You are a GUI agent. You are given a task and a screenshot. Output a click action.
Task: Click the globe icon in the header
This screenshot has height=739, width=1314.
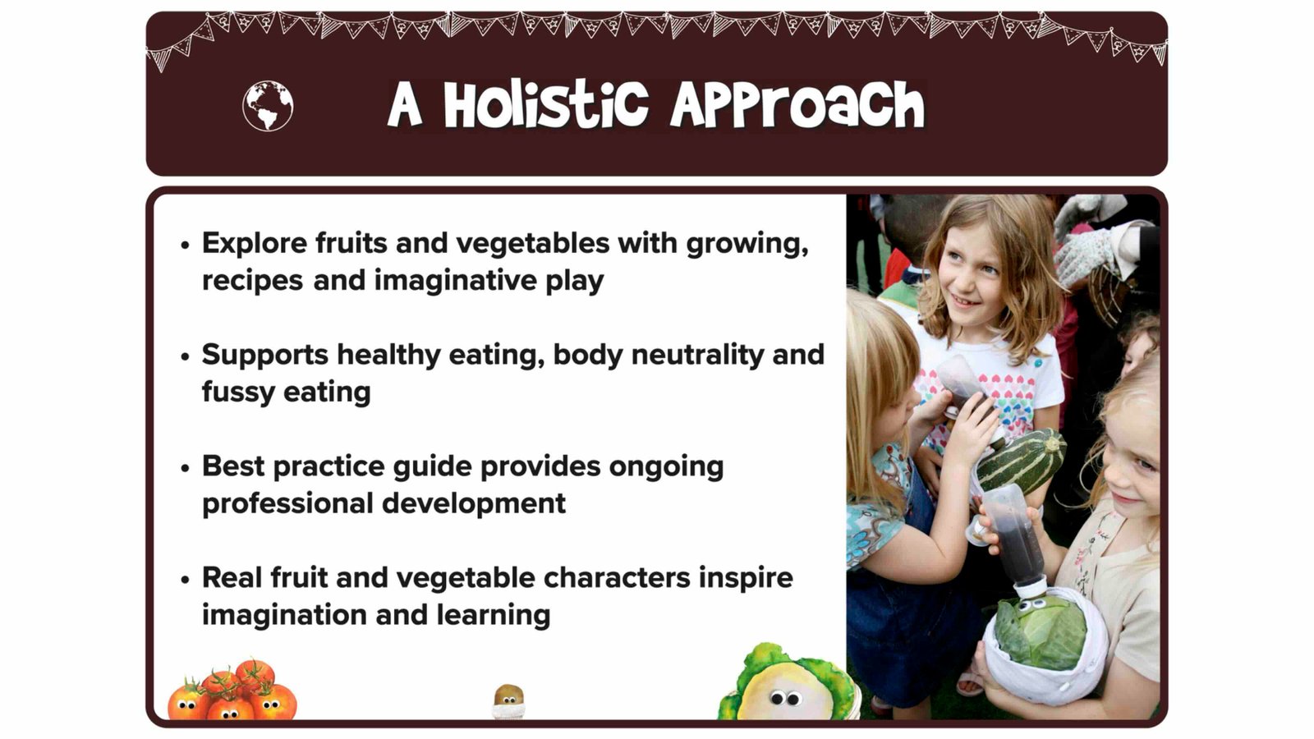click(x=268, y=106)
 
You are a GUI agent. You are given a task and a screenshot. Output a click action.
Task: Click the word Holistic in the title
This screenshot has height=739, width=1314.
click(x=545, y=106)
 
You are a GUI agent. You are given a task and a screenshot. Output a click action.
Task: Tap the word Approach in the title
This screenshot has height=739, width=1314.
click(x=797, y=106)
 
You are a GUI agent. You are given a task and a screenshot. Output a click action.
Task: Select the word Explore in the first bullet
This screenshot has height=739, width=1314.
click(x=255, y=244)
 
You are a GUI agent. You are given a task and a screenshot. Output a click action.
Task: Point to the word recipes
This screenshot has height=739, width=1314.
click(x=253, y=281)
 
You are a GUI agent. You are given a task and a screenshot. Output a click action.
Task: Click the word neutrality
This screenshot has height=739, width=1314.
click(x=697, y=356)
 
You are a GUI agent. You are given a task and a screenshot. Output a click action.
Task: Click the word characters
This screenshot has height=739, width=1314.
click(x=617, y=578)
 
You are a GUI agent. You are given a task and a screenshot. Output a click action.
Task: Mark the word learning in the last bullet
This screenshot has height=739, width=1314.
click(x=494, y=616)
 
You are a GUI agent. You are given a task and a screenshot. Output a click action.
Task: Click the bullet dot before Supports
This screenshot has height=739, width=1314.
click(x=186, y=356)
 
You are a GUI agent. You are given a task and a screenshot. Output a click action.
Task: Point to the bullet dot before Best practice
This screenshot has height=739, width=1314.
click(x=186, y=468)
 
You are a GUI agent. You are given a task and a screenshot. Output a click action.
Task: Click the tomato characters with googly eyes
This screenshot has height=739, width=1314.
click(x=232, y=691)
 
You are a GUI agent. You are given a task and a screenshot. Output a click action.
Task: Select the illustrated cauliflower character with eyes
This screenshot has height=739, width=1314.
click(x=785, y=683)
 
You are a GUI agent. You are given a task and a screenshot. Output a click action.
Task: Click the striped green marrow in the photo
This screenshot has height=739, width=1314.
click(x=1022, y=460)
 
